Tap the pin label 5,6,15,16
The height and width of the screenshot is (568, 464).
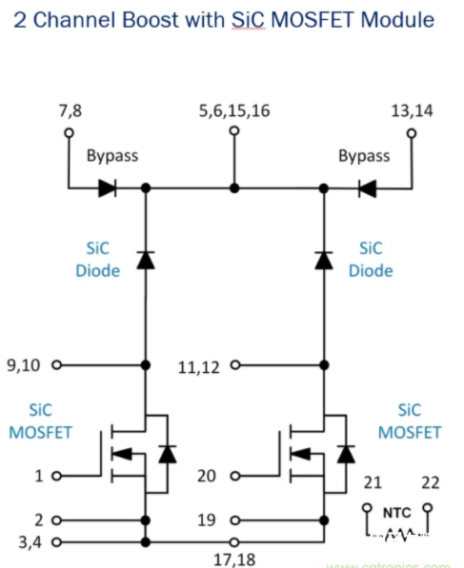234,110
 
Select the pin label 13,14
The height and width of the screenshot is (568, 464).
412,110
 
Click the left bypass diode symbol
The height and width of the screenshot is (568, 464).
108,188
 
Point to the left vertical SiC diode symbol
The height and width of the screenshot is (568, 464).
145,258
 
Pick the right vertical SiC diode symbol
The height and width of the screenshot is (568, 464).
324,258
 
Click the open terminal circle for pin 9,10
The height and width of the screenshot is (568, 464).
56,364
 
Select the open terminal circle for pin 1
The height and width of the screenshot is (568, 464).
56,476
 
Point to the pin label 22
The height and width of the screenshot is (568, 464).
429,483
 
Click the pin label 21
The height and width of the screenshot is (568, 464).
373,483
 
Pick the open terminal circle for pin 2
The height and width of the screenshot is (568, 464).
56,520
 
